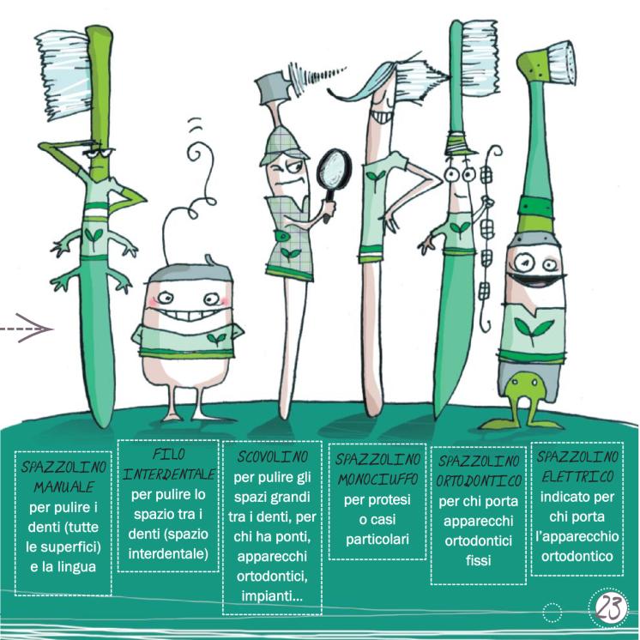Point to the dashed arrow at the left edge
26,329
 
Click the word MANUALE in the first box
63,487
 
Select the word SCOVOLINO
272,456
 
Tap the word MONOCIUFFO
377,480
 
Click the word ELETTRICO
577,476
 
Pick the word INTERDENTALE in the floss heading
168,474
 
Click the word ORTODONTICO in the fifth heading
479,480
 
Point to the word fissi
479,560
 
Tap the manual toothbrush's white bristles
63,75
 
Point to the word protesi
377,500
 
